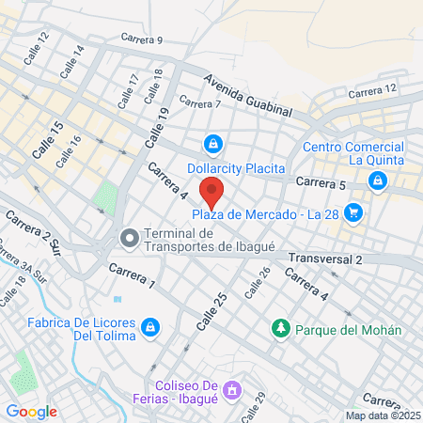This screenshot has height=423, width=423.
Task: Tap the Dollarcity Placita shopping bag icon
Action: [213, 144]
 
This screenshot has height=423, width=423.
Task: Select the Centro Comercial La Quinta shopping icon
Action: [379, 183]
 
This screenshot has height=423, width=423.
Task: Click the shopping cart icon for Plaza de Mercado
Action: [352, 212]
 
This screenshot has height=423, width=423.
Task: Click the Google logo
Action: [31, 411]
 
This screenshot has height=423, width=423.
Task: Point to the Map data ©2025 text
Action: [383, 415]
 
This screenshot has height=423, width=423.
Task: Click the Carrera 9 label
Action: [142, 40]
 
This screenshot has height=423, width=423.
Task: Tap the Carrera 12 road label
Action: [372, 90]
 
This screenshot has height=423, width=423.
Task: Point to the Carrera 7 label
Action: [199, 103]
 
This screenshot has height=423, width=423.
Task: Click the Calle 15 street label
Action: [47, 139]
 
